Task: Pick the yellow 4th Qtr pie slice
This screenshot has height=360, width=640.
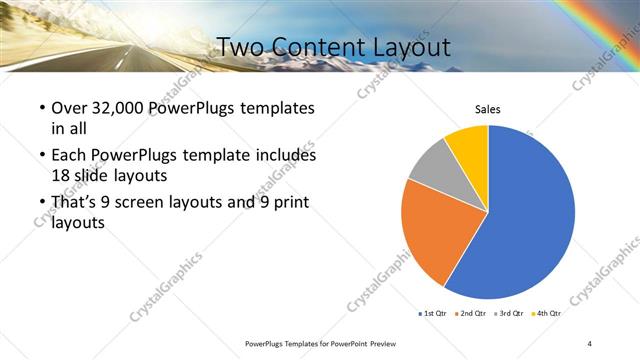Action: (x=468, y=143)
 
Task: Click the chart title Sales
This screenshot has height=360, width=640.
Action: (x=487, y=110)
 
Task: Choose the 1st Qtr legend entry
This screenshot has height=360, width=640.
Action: (x=432, y=313)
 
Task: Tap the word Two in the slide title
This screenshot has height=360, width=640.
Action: (x=238, y=47)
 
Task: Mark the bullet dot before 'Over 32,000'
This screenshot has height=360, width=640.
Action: (x=41, y=108)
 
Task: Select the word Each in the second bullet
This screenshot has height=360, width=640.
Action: (x=70, y=156)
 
